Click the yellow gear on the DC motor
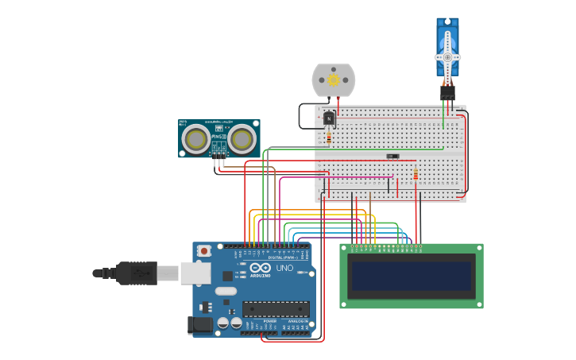coord(334,79)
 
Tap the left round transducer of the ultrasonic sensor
coord(195,140)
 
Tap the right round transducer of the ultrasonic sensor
coord(242,140)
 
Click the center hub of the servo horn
coord(447,57)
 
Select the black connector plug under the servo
coord(447,91)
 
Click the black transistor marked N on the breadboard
coord(329,118)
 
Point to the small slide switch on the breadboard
coord(392,156)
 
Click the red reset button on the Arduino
coord(204,251)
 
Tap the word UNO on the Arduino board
coord(284,269)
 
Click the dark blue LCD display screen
coord(412,277)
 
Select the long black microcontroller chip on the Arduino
coord(276,309)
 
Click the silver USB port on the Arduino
coord(195,273)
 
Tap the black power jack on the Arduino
coord(199,325)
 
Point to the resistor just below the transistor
coord(329,138)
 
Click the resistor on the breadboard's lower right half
coord(415,174)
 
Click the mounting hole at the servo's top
coord(447,21)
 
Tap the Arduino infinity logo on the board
coord(256,269)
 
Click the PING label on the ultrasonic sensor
coord(217,137)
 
